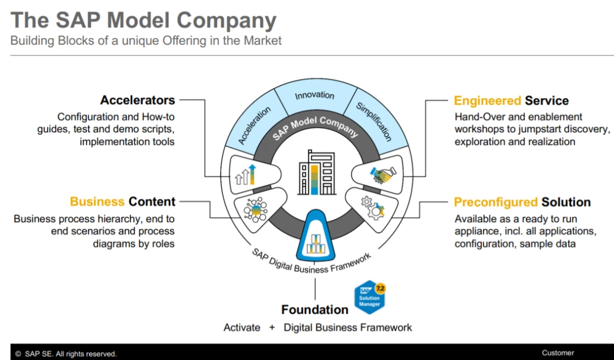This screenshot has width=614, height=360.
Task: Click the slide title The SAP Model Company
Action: click(x=143, y=21)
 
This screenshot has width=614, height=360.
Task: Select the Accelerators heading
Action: click(x=137, y=100)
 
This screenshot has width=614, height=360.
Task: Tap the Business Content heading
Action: click(x=122, y=201)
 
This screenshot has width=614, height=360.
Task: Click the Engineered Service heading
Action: click(x=511, y=101)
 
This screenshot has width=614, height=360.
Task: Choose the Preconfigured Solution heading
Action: click(x=522, y=202)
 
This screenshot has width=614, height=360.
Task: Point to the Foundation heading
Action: click(x=314, y=309)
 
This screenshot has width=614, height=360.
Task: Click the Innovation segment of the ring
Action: click(x=315, y=96)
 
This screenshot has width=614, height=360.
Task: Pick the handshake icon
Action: click(x=381, y=174)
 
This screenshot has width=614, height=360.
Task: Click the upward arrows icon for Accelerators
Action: click(x=247, y=175)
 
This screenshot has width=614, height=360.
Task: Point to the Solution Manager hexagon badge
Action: click(x=370, y=297)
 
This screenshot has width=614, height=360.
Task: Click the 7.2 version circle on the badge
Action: click(x=381, y=288)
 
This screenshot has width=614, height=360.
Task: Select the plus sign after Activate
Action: click(x=272, y=328)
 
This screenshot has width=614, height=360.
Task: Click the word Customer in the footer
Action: click(x=557, y=353)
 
